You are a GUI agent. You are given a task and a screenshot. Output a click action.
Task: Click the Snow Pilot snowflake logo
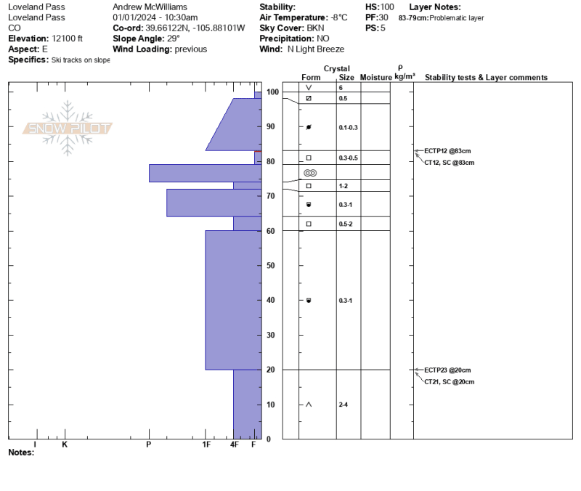coord(68,128)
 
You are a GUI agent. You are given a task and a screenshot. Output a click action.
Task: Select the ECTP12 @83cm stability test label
coord(447,151)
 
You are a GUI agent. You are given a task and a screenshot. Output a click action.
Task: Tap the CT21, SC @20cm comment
coord(449,381)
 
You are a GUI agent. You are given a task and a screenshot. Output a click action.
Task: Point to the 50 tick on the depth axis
coord(270,265)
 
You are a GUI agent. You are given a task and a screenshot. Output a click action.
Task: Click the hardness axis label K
coord(65,445)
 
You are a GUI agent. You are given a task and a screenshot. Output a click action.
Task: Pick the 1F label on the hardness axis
coord(206,445)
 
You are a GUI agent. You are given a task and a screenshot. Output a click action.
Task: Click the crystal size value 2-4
coord(343,405)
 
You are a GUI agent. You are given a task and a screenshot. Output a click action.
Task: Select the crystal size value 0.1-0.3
coord(349,128)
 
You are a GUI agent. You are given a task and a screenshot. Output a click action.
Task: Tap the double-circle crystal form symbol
coord(310,173)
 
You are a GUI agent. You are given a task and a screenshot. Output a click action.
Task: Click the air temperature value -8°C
coord(339,17)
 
